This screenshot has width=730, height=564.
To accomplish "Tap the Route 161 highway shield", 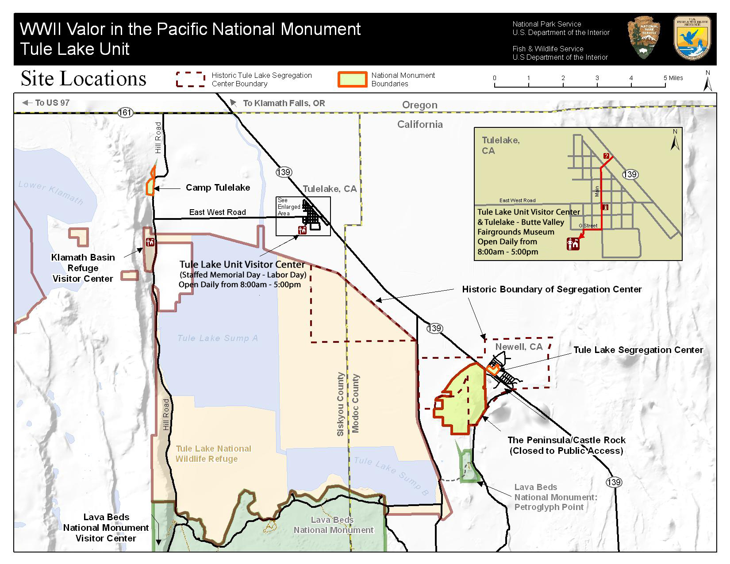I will [x=125, y=112].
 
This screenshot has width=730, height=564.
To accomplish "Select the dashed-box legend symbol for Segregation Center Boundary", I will [x=190, y=79].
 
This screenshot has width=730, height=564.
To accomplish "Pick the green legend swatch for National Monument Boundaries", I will [x=352, y=79].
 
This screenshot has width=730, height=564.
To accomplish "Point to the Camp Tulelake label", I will [x=218, y=188].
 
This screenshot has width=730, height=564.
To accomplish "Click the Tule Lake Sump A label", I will [x=217, y=338].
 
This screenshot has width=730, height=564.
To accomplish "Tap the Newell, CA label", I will [x=519, y=347].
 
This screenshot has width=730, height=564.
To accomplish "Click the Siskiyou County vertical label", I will [x=340, y=404].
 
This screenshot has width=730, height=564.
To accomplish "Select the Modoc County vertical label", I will [x=355, y=403].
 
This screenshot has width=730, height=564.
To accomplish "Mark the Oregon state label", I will [x=419, y=105].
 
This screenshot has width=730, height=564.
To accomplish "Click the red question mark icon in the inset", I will [x=606, y=156].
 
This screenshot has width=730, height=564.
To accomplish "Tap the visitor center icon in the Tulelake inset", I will [x=573, y=244].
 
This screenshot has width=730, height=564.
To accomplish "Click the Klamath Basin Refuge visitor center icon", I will [x=150, y=242].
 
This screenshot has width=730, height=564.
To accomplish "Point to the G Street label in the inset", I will [x=588, y=226].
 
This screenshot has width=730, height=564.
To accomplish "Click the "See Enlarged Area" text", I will [x=288, y=207].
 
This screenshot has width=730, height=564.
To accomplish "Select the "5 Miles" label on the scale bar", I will [x=673, y=78].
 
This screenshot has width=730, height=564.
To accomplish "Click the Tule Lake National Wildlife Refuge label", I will [x=213, y=454].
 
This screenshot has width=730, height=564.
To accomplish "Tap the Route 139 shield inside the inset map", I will [x=630, y=174].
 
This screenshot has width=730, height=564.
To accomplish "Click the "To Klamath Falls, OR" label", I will [x=284, y=103].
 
